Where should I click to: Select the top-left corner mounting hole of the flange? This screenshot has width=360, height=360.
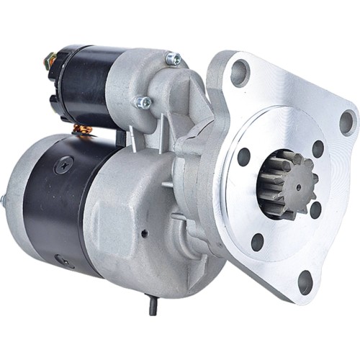click(239, 73)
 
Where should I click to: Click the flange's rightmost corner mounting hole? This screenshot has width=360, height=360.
click(346, 122)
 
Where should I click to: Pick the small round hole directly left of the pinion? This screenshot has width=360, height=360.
click(244, 157)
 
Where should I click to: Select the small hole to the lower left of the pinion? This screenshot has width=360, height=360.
click(257, 242)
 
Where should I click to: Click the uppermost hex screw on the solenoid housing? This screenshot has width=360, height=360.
click(173, 58)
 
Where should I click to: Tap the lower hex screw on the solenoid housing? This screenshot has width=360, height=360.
click(143, 103)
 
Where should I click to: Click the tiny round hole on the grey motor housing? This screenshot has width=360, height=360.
click(144, 233)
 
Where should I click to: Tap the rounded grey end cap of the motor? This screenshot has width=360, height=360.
click(22, 202)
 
